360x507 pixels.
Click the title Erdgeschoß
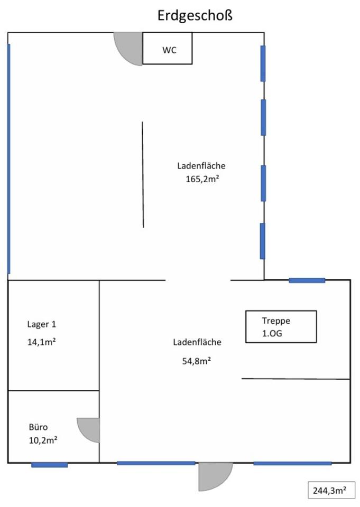coord(195,16)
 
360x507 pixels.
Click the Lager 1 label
coord(41,324)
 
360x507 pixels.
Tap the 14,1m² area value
coord(41,342)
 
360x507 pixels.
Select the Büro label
coord(39,427)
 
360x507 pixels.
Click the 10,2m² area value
coord(43,439)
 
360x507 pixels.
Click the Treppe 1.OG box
coord(281,327)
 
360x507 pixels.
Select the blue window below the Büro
coord(49,465)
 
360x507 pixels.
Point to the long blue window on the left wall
coord(8,158)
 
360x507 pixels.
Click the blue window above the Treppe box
coord(307,280)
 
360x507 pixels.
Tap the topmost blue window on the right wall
coord(263,63)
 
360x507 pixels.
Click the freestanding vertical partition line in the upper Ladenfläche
coord(143,174)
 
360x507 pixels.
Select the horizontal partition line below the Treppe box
coord(296,379)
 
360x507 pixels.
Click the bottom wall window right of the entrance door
coord(292,463)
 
